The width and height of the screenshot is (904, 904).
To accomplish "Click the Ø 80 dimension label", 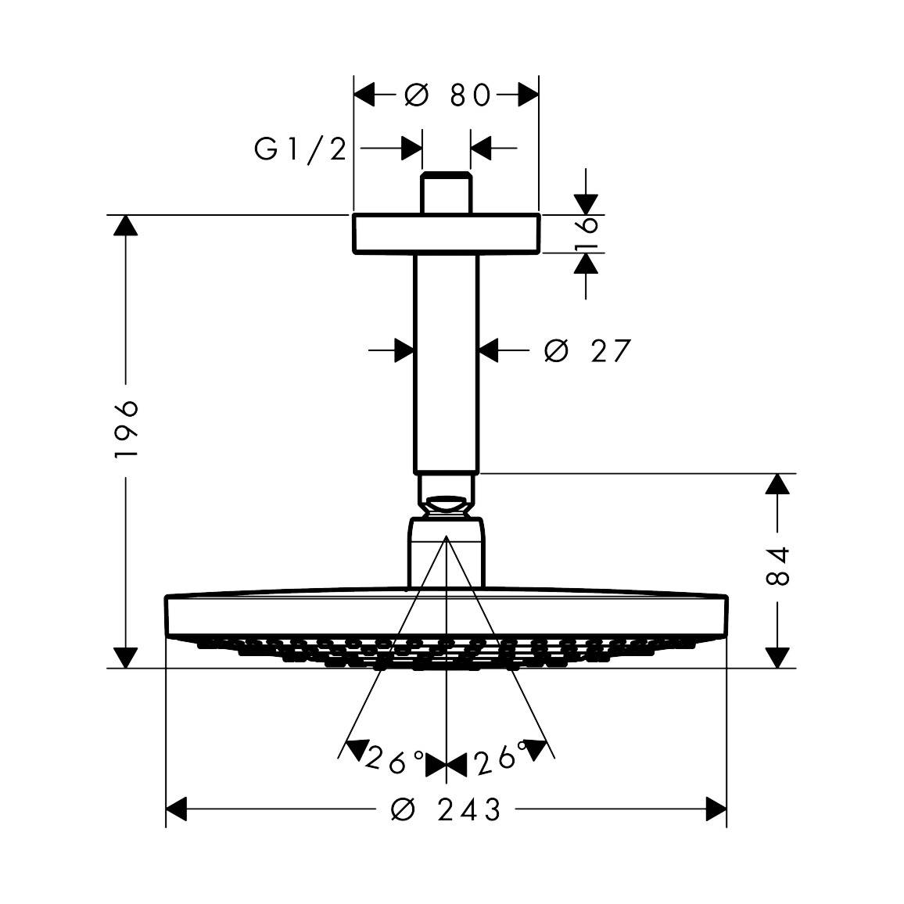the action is tap(447, 95).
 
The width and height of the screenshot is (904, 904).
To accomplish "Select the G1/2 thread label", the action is tap(300, 149).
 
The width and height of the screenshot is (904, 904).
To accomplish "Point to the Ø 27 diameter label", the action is tap(588, 350).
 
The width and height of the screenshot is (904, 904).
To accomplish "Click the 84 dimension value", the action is tap(777, 566).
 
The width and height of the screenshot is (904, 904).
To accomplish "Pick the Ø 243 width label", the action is tap(446, 809).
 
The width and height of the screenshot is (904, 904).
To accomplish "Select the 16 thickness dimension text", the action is tap(587, 234).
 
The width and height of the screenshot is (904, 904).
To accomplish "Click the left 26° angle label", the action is tap(394, 759).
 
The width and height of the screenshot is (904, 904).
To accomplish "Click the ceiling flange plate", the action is tap(447, 234).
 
